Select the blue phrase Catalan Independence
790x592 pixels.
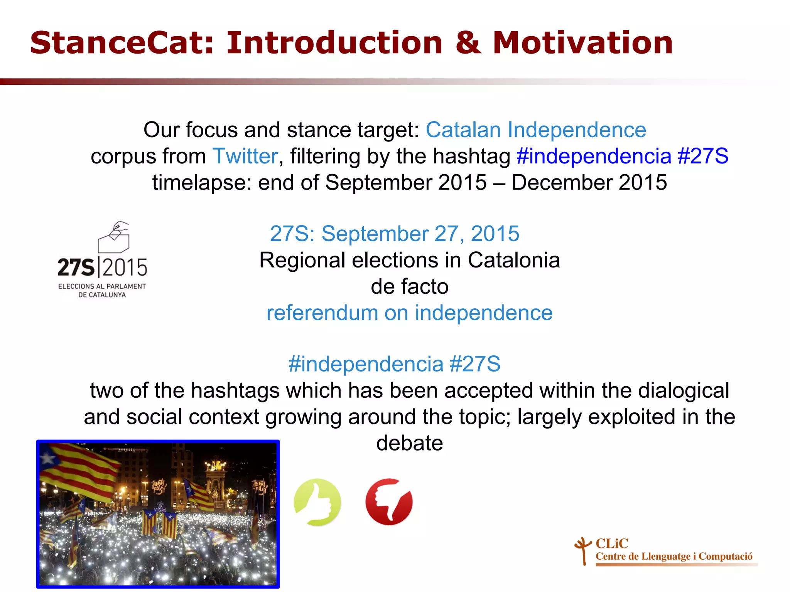(536, 130)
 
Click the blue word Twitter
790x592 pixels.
(245, 156)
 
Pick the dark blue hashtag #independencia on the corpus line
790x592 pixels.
(594, 156)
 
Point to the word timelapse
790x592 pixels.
(201, 182)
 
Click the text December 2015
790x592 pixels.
(589, 182)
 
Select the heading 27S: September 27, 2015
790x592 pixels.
(395, 234)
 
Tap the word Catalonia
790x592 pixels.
(513, 260)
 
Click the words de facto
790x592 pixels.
(409, 286)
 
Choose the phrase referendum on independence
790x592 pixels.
(409, 313)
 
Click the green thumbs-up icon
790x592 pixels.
(317, 502)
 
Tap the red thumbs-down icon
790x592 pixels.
(389, 502)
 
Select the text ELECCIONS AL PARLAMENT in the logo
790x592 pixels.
(102, 286)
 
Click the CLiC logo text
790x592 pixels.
(612, 543)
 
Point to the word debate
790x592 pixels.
(409, 443)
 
